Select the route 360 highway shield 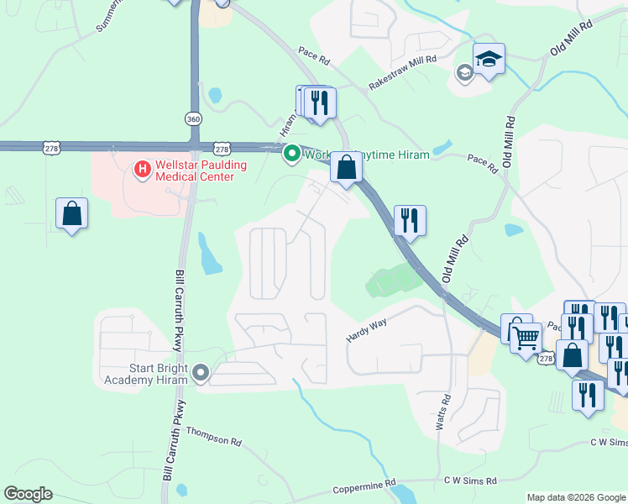[194, 119]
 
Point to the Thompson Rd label [213, 436]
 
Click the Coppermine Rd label [364, 486]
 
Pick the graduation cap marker [489, 60]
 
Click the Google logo [28, 494]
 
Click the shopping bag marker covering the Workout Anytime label [346, 167]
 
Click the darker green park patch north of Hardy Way [391, 281]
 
